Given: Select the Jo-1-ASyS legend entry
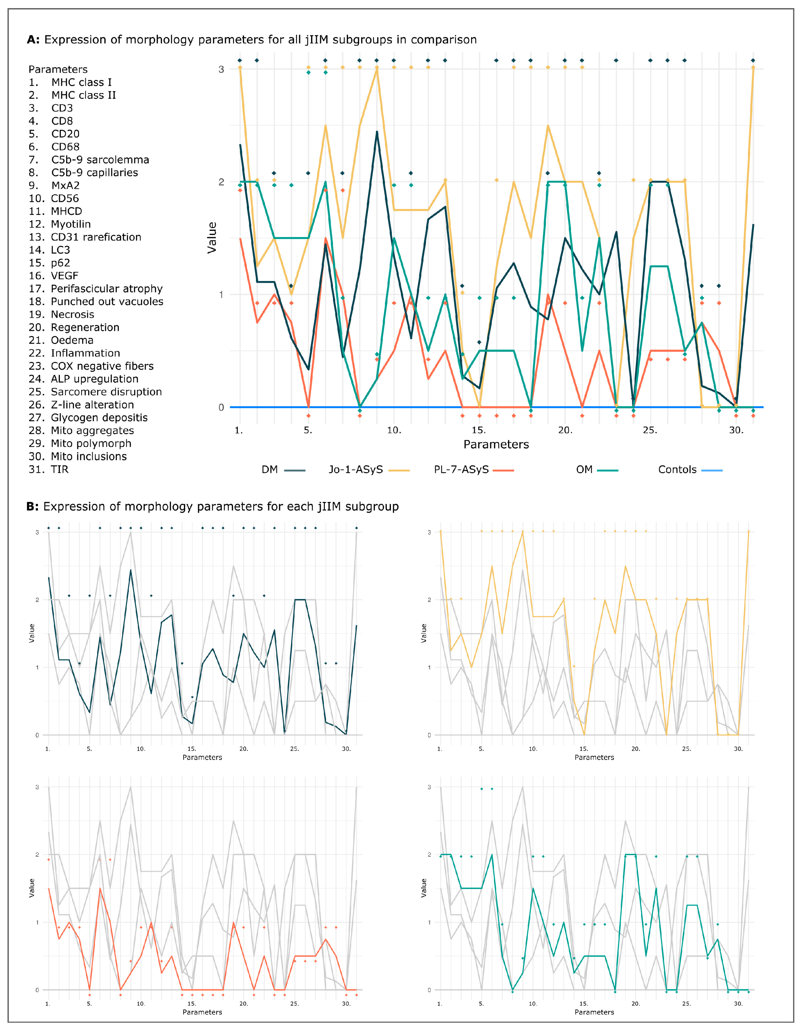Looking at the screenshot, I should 368,470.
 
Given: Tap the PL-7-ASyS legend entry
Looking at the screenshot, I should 473,470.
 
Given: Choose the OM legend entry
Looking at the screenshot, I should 596,470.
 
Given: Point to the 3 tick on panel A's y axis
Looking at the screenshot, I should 221,69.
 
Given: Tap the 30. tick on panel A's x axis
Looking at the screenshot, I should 736,430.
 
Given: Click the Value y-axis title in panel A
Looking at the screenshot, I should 212,238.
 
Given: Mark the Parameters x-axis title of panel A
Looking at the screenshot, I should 496,444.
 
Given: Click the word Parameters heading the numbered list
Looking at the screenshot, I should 58,69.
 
